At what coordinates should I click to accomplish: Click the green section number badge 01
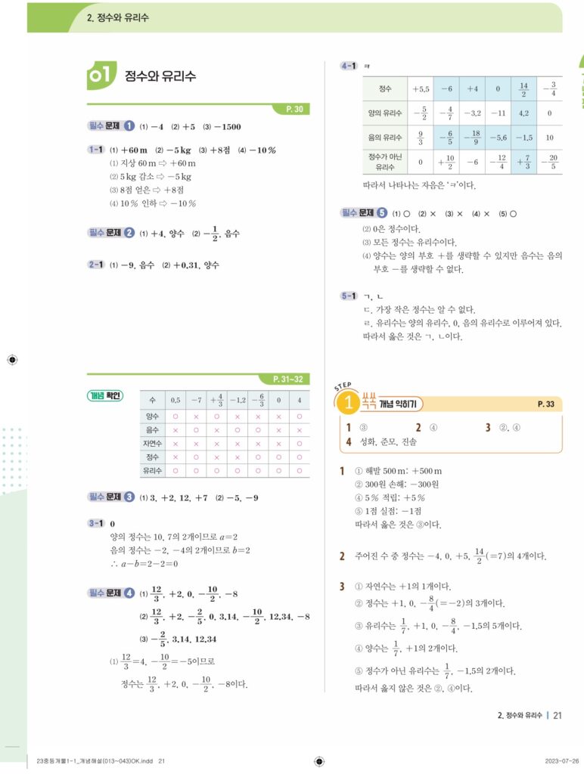coord(101,75)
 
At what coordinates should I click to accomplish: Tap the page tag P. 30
coord(295,110)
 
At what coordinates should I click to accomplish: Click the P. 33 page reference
coord(545,404)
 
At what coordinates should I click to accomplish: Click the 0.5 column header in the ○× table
coord(176,400)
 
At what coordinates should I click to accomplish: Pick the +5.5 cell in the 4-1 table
coord(421,88)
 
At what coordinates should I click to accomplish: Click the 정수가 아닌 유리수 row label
coord(385,162)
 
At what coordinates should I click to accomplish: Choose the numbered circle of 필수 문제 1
coord(129,126)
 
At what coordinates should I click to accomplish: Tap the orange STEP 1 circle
coord(349,404)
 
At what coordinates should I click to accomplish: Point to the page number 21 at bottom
coord(558,714)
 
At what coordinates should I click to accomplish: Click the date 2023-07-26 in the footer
coord(562,760)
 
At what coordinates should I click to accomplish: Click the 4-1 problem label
coord(349,67)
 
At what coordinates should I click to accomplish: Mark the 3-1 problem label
coord(95,522)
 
